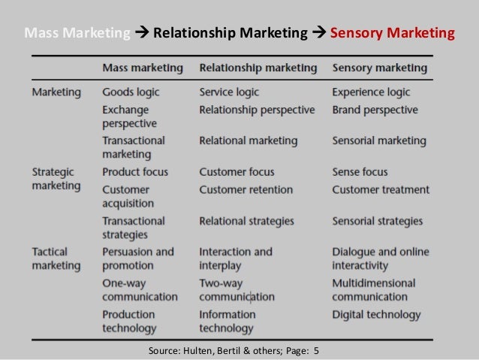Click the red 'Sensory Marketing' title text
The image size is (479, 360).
coord(392,33)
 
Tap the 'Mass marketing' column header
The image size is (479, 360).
coord(142,68)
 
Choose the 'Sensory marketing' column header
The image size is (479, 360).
coord(380,68)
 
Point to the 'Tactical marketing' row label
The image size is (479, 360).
coord(56,258)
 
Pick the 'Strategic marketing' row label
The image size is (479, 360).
coord(56,178)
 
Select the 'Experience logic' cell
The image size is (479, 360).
coord(372,92)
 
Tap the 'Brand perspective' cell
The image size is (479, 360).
coord(375,109)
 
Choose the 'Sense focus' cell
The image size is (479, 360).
coord(362,171)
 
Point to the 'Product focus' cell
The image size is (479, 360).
coord(136,171)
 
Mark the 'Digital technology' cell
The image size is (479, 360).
coord(376,314)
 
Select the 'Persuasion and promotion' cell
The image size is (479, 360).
coord(137,258)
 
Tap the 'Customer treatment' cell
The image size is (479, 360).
coord(381,189)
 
